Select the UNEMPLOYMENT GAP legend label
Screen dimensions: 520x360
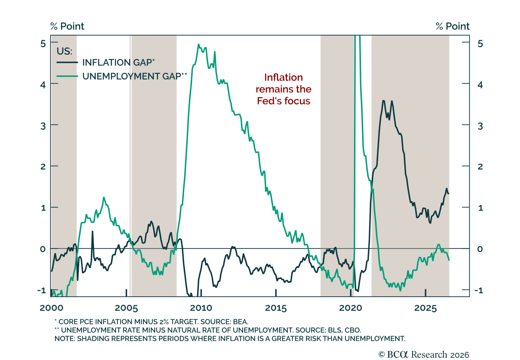(135, 76)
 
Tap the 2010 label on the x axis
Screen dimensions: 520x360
(201, 308)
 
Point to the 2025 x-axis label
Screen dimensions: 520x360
(426, 308)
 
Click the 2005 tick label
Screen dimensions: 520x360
(126, 308)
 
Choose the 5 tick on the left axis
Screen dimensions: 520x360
(43, 44)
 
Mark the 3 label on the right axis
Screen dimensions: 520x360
(480, 126)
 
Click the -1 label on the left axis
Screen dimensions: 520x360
(42, 290)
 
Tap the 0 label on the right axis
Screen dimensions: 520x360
(480, 249)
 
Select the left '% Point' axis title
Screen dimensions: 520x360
(67, 26)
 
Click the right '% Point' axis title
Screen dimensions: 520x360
(453, 26)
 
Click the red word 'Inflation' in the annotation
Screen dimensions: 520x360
(283, 77)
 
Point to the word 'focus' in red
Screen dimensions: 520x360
(297, 101)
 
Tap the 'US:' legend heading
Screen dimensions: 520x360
(65, 51)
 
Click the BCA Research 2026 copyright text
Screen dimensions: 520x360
(424, 355)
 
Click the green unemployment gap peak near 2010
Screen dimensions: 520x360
(198, 44)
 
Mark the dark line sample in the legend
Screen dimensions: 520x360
(67, 62)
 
